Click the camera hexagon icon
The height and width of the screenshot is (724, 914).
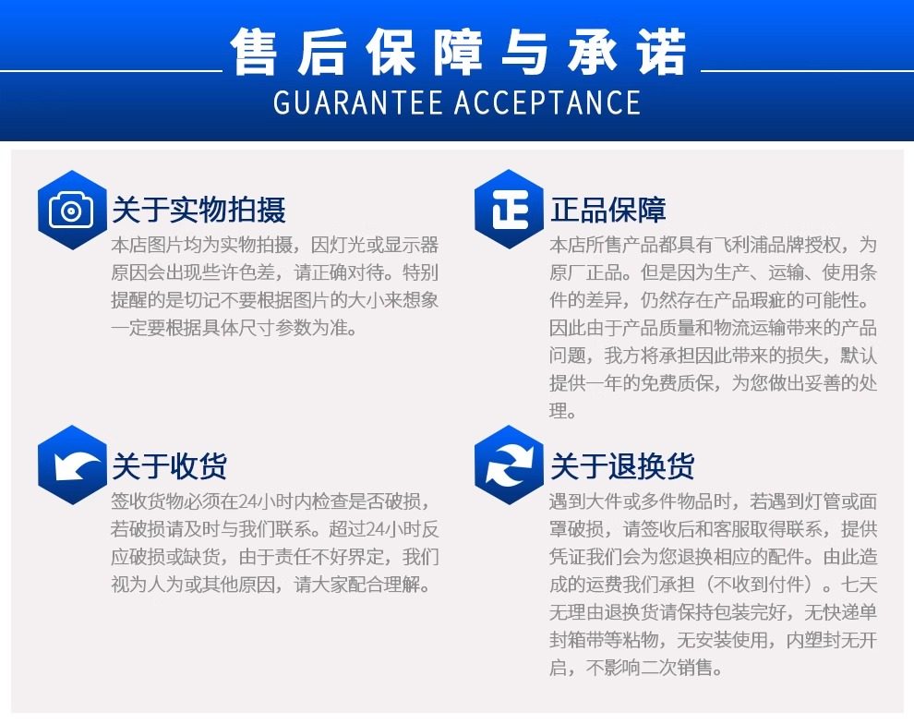click(x=72, y=210)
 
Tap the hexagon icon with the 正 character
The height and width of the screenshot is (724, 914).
click(x=509, y=210)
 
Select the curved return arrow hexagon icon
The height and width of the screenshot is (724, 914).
click(x=72, y=465)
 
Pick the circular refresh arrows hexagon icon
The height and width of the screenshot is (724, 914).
click(x=509, y=465)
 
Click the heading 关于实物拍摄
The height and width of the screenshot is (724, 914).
click(x=198, y=210)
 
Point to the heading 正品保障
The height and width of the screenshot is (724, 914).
click(x=607, y=210)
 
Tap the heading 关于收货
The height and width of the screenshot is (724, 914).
click(x=170, y=465)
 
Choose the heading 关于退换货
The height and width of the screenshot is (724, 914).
click(x=622, y=465)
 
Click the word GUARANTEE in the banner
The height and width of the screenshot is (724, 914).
click(x=357, y=103)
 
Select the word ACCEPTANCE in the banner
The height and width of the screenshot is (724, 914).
click(x=547, y=103)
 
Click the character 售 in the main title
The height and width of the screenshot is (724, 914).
click(x=254, y=52)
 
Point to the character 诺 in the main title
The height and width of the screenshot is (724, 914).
click(x=662, y=52)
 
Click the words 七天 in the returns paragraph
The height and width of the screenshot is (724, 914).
click(x=859, y=585)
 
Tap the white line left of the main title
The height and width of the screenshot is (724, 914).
click(x=112, y=71)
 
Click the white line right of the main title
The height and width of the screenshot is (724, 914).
click(x=807, y=71)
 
